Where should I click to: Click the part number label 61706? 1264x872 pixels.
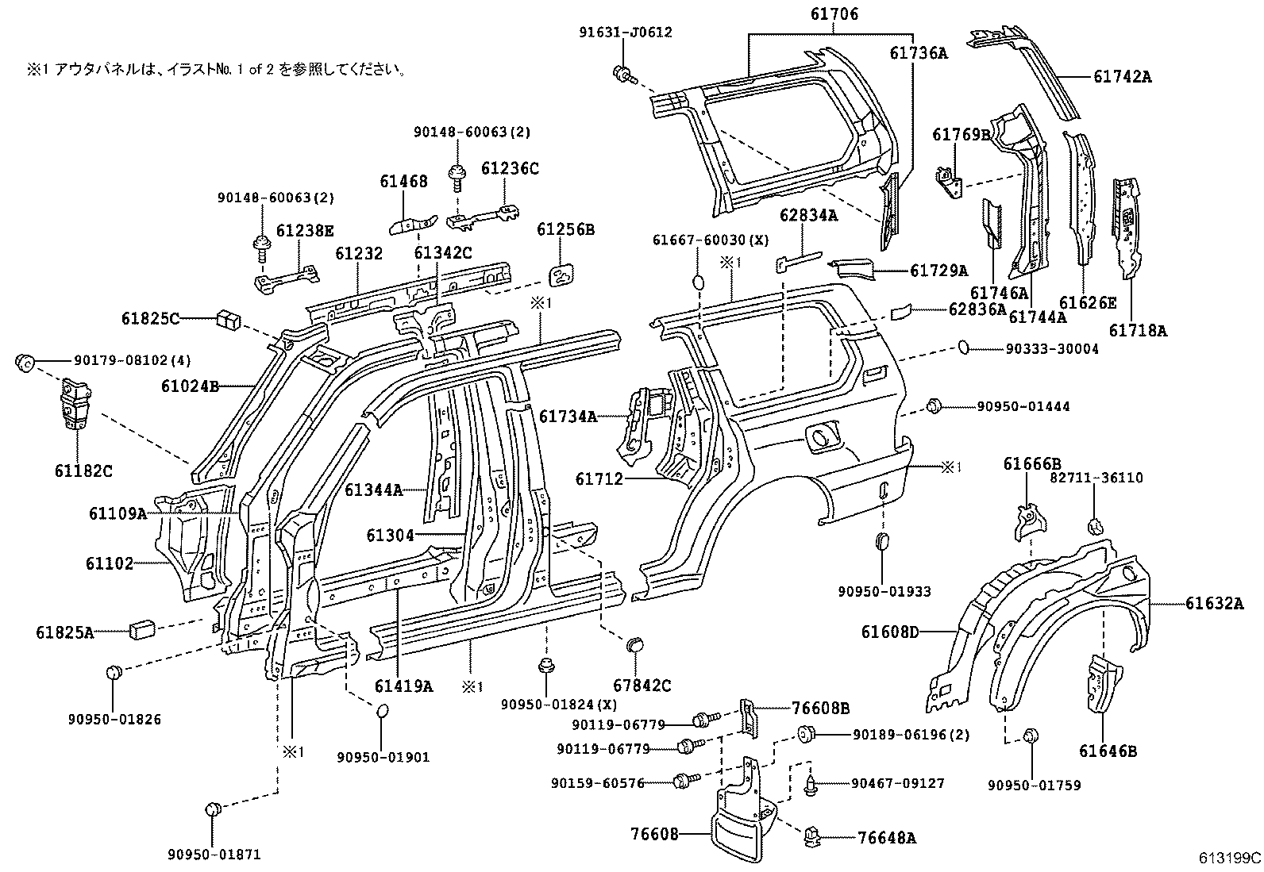coord(834,14)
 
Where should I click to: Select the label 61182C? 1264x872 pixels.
coord(83,471)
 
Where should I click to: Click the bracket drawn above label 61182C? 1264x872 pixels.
coord(77,403)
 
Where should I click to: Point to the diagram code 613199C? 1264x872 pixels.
coord(1230,858)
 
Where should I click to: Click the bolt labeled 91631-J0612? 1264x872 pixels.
coord(623,75)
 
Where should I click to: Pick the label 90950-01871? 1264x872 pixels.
coord(214,855)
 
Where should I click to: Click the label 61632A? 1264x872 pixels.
coord(1215,604)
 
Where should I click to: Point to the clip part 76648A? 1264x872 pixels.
coord(812,836)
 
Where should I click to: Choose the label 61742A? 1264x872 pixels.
coord(1122,76)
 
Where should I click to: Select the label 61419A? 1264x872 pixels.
coord(403,686)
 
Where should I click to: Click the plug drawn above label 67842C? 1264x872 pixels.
coord(635,643)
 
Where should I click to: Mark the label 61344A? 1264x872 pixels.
coord(373,490)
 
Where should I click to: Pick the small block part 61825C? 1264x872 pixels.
coord(227,320)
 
